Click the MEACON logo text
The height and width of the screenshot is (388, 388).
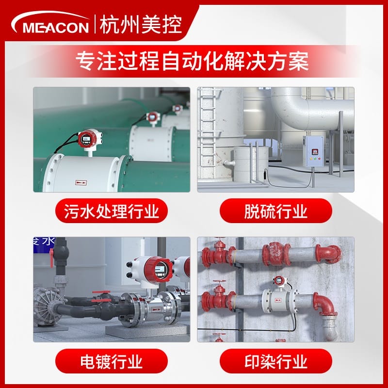pyautogui.click(x=56, y=28)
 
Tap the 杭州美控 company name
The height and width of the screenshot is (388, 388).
pyautogui.click(x=141, y=25)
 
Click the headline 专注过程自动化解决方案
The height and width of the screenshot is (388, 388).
pyautogui.click(x=192, y=61)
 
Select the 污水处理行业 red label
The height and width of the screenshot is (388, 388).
pyautogui.click(x=112, y=210)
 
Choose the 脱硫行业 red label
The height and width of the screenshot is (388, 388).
pyautogui.click(x=275, y=210)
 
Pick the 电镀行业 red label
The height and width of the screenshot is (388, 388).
pyautogui.click(x=112, y=361)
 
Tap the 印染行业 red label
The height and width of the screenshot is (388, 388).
pyautogui.click(x=275, y=361)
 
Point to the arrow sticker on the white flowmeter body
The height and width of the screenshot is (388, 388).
pyautogui.click(x=81, y=183)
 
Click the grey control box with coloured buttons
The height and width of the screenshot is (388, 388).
pyautogui.click(x=313, y=151)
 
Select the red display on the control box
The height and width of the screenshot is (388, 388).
pyautogui.click(x=315, y=152)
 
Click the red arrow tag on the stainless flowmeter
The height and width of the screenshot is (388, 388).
pyautogui.click(x=156, y=309)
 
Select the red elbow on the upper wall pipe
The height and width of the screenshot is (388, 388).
pyautogui.click(x=328, y=253)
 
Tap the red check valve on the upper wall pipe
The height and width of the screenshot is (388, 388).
pyautogui.click(x=276, y=254)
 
